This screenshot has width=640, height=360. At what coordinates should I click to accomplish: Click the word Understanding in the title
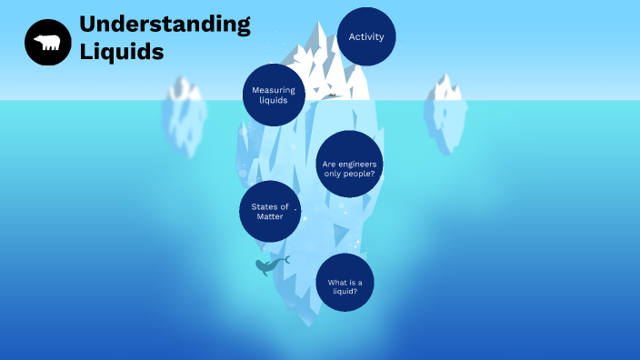tap(165, 25)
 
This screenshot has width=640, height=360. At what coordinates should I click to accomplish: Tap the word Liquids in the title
tap(121, 52)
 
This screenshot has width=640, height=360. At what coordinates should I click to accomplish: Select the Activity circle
tap(366, 37)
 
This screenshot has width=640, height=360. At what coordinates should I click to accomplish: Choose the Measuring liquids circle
tap(273, 95)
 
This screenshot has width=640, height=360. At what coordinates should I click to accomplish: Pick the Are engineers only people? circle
tap(350, 168)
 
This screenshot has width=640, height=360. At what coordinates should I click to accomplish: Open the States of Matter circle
tap(270, 212)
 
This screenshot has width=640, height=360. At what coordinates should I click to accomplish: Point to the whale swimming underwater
tap(270, 265)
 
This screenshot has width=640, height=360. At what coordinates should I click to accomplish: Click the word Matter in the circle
tap(270, 216)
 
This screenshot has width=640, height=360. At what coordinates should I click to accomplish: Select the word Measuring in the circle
tap(273, 90)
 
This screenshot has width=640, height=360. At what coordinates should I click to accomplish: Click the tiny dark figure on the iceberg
tap(332, 95)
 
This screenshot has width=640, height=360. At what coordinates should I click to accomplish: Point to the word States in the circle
tap(265, 206)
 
